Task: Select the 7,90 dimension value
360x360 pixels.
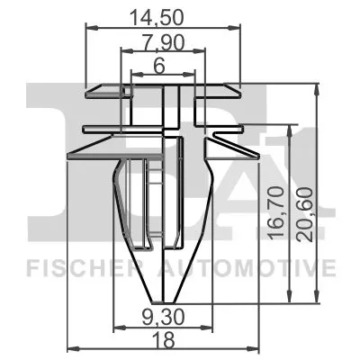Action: click(164, 42)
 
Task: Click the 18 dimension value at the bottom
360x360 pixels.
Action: click(164, 340)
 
